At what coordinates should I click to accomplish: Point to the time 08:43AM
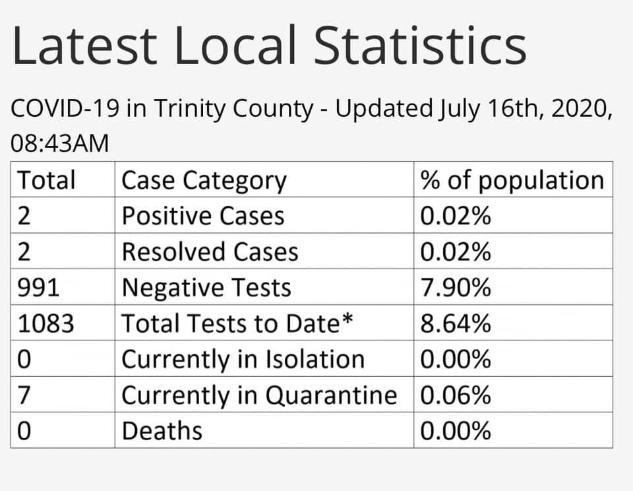(x=60, y=143)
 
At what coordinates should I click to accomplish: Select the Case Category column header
(x=204, y=180)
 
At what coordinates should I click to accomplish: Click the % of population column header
(x=512, y=180)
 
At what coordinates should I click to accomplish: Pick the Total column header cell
(x=46, y=180)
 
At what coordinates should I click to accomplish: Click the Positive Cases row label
(x=203, y=216)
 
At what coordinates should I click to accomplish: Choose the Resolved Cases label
(x=210, y=251)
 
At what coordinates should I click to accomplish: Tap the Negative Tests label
(x=206, y=287)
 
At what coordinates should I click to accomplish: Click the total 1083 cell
(x=45, y=323)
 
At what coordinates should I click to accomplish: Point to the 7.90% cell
(x=456, y=287)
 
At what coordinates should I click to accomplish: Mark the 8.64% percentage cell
(x=456, y=323)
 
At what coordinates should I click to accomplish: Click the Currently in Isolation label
(x=243, y=359)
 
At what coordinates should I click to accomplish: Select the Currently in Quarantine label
(x=259, y=395)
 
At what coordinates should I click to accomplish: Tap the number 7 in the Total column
(x=23, y=395)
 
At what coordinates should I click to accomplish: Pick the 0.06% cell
(x=456, y=395)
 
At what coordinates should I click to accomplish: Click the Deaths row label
(x=162, y=430)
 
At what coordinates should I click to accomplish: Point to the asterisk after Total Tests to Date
(x=347, y=319)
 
